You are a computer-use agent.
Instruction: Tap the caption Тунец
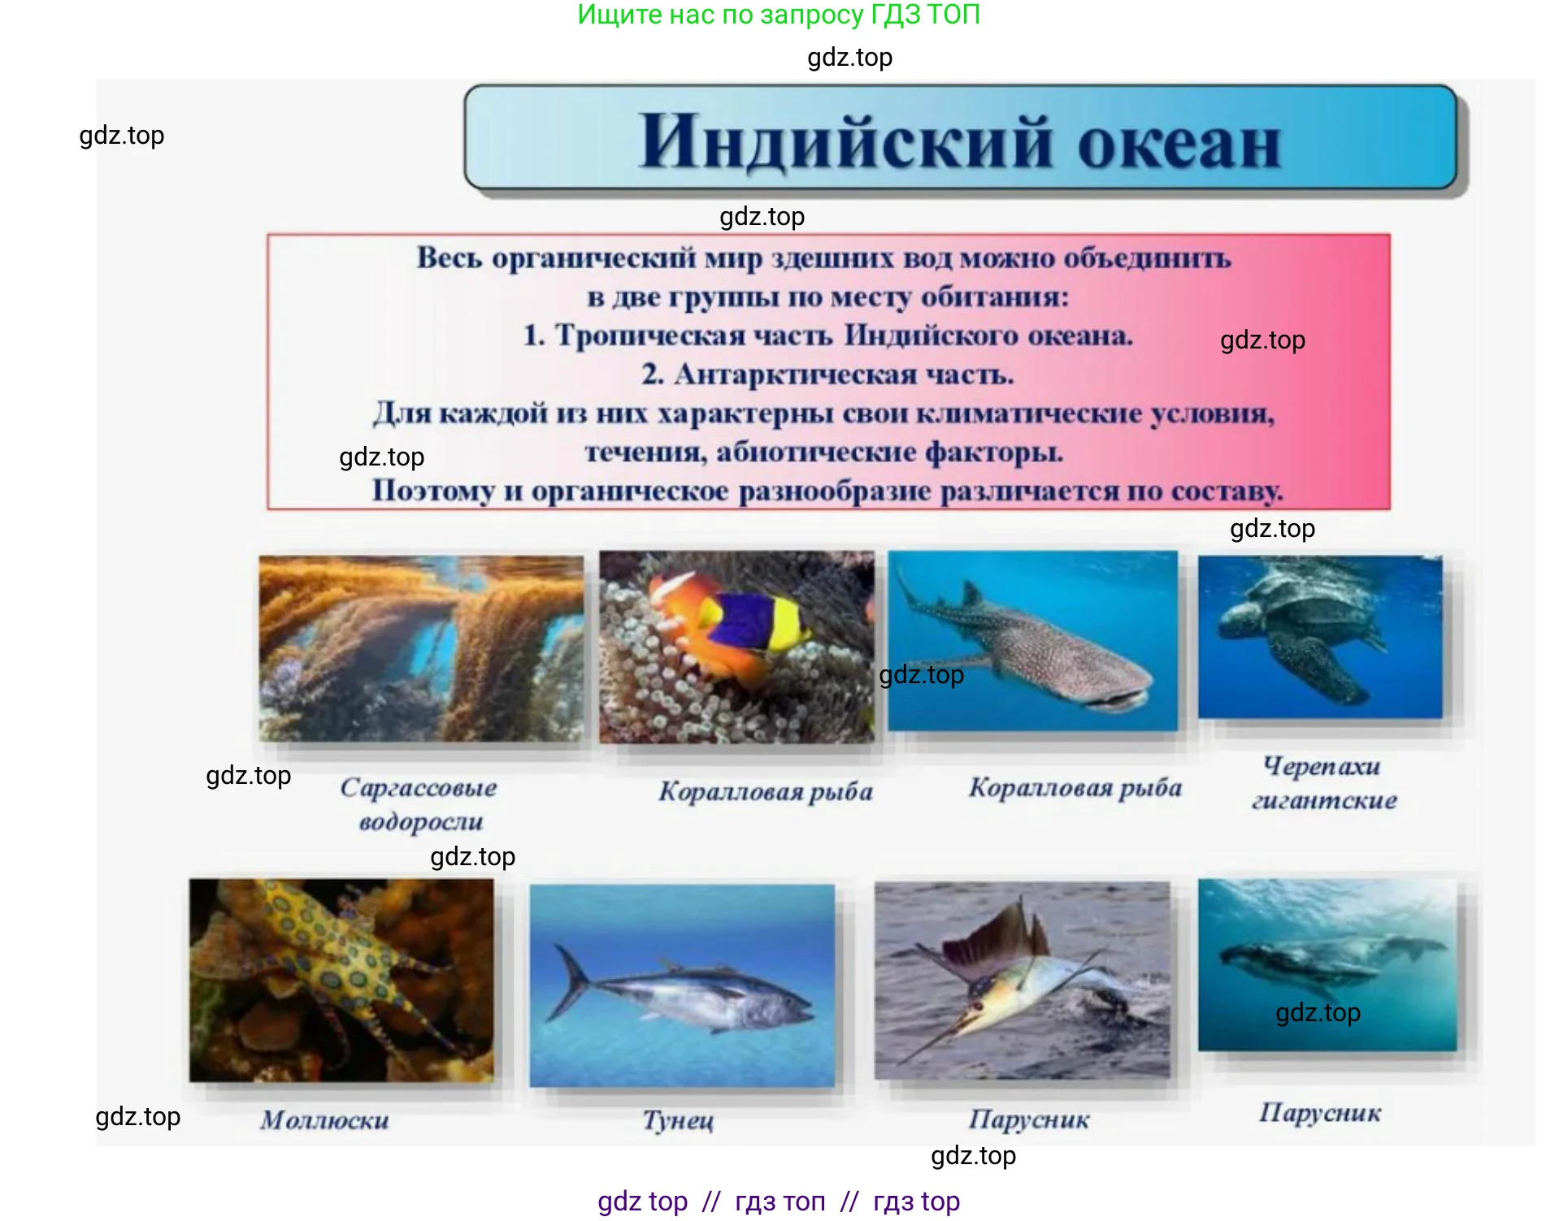click(x=679, y=1120)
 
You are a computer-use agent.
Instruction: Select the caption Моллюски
click(x=324, y=1120)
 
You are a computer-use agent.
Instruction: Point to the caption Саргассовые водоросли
click(x=419, y=803)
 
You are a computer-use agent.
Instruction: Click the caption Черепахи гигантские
click(x=1323, y=782)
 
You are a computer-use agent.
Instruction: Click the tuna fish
click(x=691, y=995)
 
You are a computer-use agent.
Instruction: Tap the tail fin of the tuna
click(x=569, y=983)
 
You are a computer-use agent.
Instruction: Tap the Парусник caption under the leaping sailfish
click(x=1029, y=1119)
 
